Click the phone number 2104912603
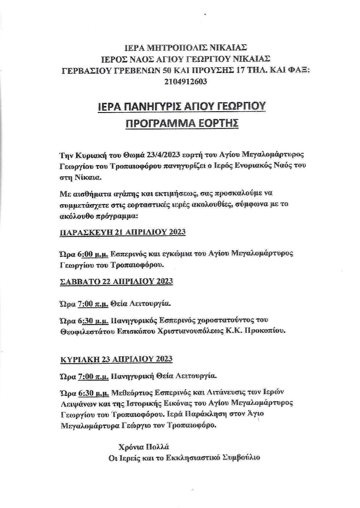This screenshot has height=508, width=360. [186, 81]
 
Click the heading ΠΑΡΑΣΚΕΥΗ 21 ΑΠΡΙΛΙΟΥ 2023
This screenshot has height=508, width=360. [123, 232]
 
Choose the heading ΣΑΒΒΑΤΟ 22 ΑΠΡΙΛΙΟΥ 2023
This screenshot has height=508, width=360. [116, 281]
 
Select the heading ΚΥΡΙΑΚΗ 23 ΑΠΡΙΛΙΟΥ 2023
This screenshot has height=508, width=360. [116, 359]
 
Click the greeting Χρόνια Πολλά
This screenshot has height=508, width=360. [144, 446]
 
